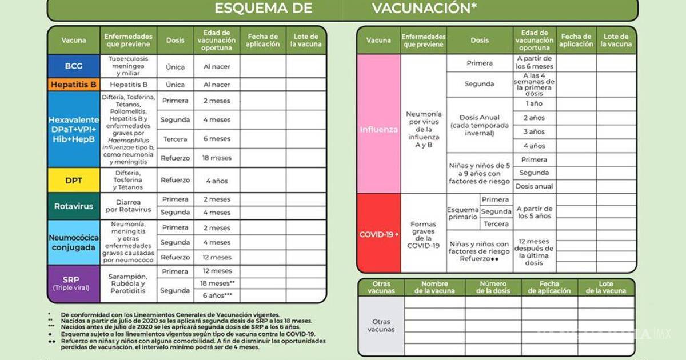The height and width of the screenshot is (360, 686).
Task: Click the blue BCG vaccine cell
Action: coord(74,66)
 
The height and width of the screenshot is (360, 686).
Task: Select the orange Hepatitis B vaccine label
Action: coord(74,85)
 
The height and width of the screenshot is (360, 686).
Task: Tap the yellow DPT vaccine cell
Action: coord(74,181)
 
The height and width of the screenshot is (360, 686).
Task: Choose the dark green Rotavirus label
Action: coord(74,206)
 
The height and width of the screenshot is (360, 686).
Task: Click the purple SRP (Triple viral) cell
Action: coord(74,283)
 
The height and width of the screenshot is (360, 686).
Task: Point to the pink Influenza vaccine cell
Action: coord(378,129)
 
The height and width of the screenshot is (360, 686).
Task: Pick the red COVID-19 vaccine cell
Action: coord(378,234)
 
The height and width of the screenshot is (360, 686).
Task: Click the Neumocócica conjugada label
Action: coord(74,242)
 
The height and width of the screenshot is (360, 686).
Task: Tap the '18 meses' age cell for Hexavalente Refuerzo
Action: coord(217,158)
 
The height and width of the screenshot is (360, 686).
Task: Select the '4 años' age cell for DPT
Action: coord(217,181)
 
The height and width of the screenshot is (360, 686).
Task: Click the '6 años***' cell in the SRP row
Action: coord(217,295)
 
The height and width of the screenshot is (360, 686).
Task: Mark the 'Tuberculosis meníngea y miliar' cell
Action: coord(128,66)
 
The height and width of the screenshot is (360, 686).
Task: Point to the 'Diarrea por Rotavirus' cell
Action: coord(128,206)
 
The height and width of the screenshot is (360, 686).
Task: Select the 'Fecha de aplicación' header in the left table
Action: coord(262,40)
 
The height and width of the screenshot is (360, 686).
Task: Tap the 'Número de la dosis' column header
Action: coord(493,287)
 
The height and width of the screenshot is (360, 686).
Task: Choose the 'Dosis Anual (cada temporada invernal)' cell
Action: coord(480,125)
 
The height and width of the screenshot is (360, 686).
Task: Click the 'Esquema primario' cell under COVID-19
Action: coord(462,213)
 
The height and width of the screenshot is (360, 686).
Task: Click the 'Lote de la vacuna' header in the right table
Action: coord(616,40)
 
